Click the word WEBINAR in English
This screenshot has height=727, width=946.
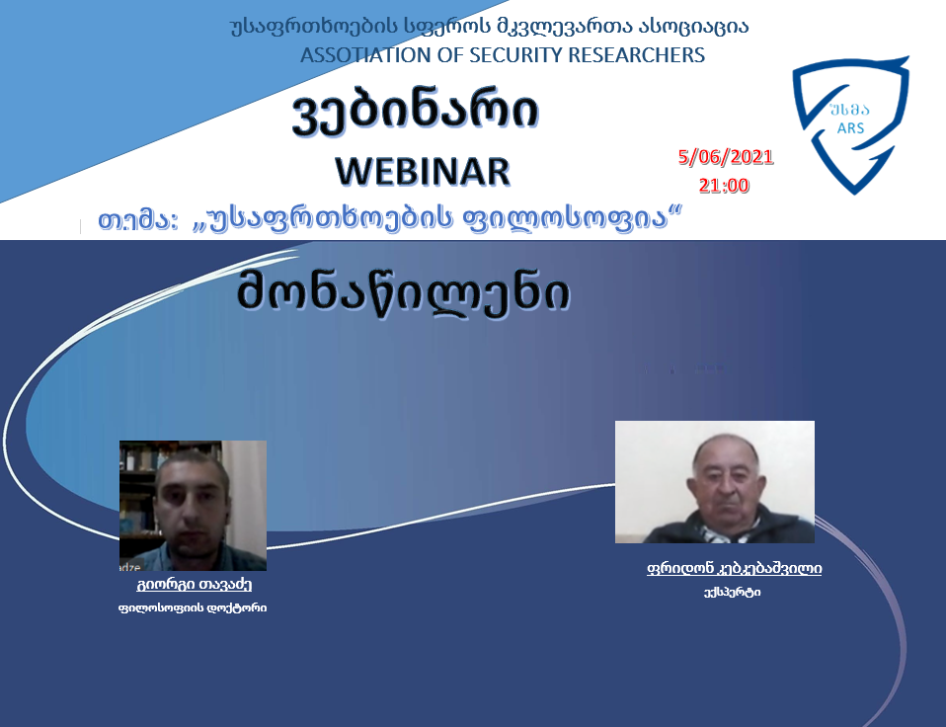423,171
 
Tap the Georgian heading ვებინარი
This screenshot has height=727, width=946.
415,113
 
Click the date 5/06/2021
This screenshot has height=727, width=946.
726,157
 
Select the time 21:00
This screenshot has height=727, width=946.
724,185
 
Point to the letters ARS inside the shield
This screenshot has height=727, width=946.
850,127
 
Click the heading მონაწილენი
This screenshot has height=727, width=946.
404,293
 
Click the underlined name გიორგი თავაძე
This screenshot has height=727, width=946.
194,584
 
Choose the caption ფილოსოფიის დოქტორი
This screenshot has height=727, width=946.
193,607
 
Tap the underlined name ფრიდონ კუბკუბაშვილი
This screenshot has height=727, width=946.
735,568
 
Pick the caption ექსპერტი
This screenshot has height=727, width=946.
732,592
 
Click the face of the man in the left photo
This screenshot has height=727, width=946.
192,504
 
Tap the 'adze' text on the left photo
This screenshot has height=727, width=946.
129,567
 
